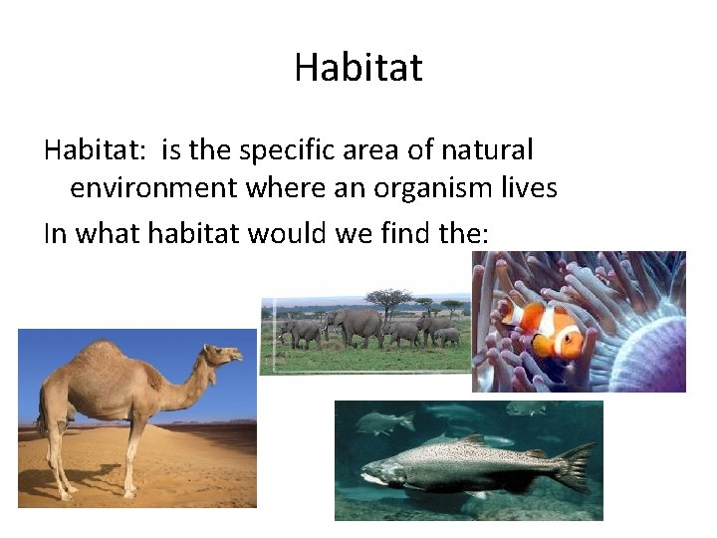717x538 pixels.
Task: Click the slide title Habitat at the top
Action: coord(358,68)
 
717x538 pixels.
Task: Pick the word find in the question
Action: coord(396,233)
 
